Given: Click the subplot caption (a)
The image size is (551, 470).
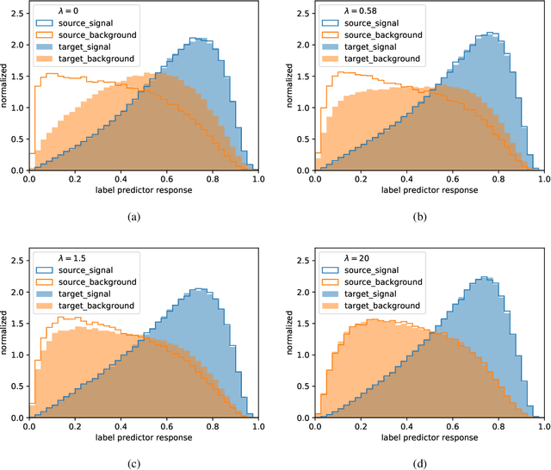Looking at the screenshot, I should [x=133, y=217].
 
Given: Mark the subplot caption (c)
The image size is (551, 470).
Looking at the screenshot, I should [x=133, y=462].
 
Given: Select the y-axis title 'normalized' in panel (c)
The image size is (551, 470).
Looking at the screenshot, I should [x=7, y=335].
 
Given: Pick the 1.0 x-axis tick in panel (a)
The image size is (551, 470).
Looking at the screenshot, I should [x=257, y=180].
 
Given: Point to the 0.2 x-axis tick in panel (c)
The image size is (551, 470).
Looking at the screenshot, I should [x=75, y=426].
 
